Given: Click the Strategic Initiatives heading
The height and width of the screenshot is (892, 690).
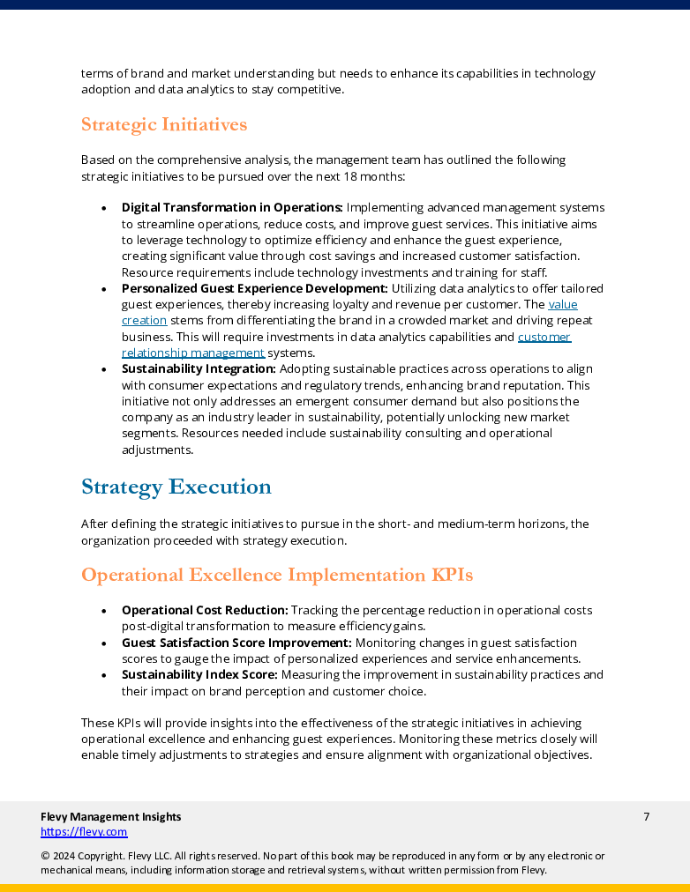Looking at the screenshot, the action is (164, 124).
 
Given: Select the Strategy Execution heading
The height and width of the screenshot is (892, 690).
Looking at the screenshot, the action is (176, 487).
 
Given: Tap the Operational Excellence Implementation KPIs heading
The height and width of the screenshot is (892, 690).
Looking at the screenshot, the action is (277, 575).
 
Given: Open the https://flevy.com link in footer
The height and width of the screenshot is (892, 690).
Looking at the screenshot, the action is (84, 831).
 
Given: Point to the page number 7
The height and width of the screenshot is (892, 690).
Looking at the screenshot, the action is (646, 816).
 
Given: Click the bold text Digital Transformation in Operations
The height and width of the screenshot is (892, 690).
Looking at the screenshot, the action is (232, 208).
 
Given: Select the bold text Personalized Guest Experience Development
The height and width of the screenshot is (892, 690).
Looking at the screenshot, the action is (254, 288).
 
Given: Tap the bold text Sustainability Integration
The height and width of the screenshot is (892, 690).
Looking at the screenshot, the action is (199, 368).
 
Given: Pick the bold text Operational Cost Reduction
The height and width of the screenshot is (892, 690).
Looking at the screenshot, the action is (205, 610).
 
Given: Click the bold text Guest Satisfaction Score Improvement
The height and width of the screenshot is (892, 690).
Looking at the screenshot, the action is (236, 643).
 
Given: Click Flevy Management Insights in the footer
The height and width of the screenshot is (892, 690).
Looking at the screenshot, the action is (110, 816).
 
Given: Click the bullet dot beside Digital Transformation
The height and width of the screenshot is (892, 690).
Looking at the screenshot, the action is (104, 209).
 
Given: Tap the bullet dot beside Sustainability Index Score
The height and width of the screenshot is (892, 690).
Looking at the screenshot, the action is (104, 676).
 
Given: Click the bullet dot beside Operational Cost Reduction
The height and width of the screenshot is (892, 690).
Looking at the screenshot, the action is (104, 611).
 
